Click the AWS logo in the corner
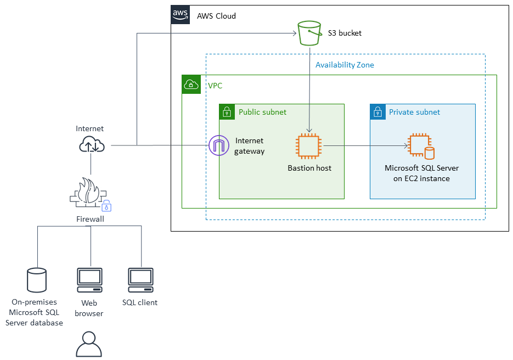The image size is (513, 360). [180, 14]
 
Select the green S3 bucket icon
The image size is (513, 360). [309, 33]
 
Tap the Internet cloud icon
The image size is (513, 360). [91, 145]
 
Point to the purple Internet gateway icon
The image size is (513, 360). [218, 145]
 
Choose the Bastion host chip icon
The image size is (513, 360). [309, 147]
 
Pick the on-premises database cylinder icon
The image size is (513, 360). [37, 280]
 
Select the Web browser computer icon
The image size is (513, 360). [89, 280]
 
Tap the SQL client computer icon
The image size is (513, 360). [140, 280]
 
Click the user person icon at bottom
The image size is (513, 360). [88, 345]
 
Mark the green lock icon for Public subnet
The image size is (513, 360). [227, 112]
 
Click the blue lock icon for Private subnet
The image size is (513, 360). [377, 112]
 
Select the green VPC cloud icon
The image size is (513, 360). [191, 85]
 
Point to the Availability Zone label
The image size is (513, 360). [345, 65]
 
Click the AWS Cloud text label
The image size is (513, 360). [216, 16]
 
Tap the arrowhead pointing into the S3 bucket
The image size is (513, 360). [294, 33]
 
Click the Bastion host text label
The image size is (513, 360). [309, 168]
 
